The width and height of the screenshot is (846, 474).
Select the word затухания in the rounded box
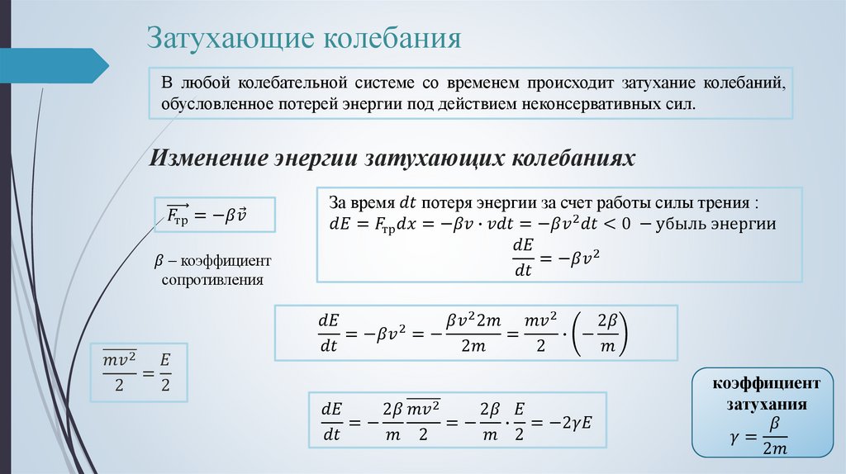pyautogui.click(x=767, y=405)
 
